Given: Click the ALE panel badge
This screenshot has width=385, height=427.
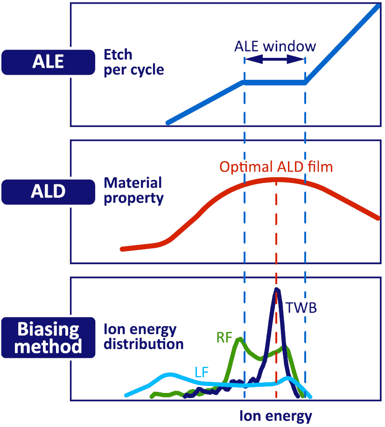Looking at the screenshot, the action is [x=48, y=62].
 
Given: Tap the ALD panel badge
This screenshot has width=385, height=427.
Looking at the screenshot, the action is [x=48, y=192].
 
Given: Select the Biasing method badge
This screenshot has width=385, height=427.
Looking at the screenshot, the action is [x=48, y=337].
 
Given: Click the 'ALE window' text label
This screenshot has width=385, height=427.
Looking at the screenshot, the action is [x=275, y=46].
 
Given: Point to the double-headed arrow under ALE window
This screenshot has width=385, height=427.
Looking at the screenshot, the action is [x=275, y=59].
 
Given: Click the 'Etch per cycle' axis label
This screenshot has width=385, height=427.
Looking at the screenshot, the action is [x=133, y=63].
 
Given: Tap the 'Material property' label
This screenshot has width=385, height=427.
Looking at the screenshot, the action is [x=133, y=190].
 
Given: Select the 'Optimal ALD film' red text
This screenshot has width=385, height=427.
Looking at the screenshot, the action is [x=276, y=167].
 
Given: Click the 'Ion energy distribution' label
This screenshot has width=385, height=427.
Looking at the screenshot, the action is [x=143, y=336].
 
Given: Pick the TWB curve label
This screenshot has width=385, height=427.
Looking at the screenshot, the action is [x=301, y=308].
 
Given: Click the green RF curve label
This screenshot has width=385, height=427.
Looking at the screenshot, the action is [x=224, y=337].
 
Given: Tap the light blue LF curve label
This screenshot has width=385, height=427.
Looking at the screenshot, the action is [x=202, y=372].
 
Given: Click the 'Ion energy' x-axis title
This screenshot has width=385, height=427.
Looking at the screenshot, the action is [x=275, y=416].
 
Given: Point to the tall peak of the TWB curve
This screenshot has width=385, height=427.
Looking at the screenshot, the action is [x=277, y=289].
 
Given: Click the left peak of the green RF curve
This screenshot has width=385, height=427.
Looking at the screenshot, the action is [x=239, y=339].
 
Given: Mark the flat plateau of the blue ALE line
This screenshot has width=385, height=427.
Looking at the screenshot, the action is [x=275, y=82].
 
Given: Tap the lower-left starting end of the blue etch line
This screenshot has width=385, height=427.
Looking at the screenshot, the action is [x=168, y=123].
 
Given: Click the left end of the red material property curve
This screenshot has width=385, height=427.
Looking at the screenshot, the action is [x=122, y=249].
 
